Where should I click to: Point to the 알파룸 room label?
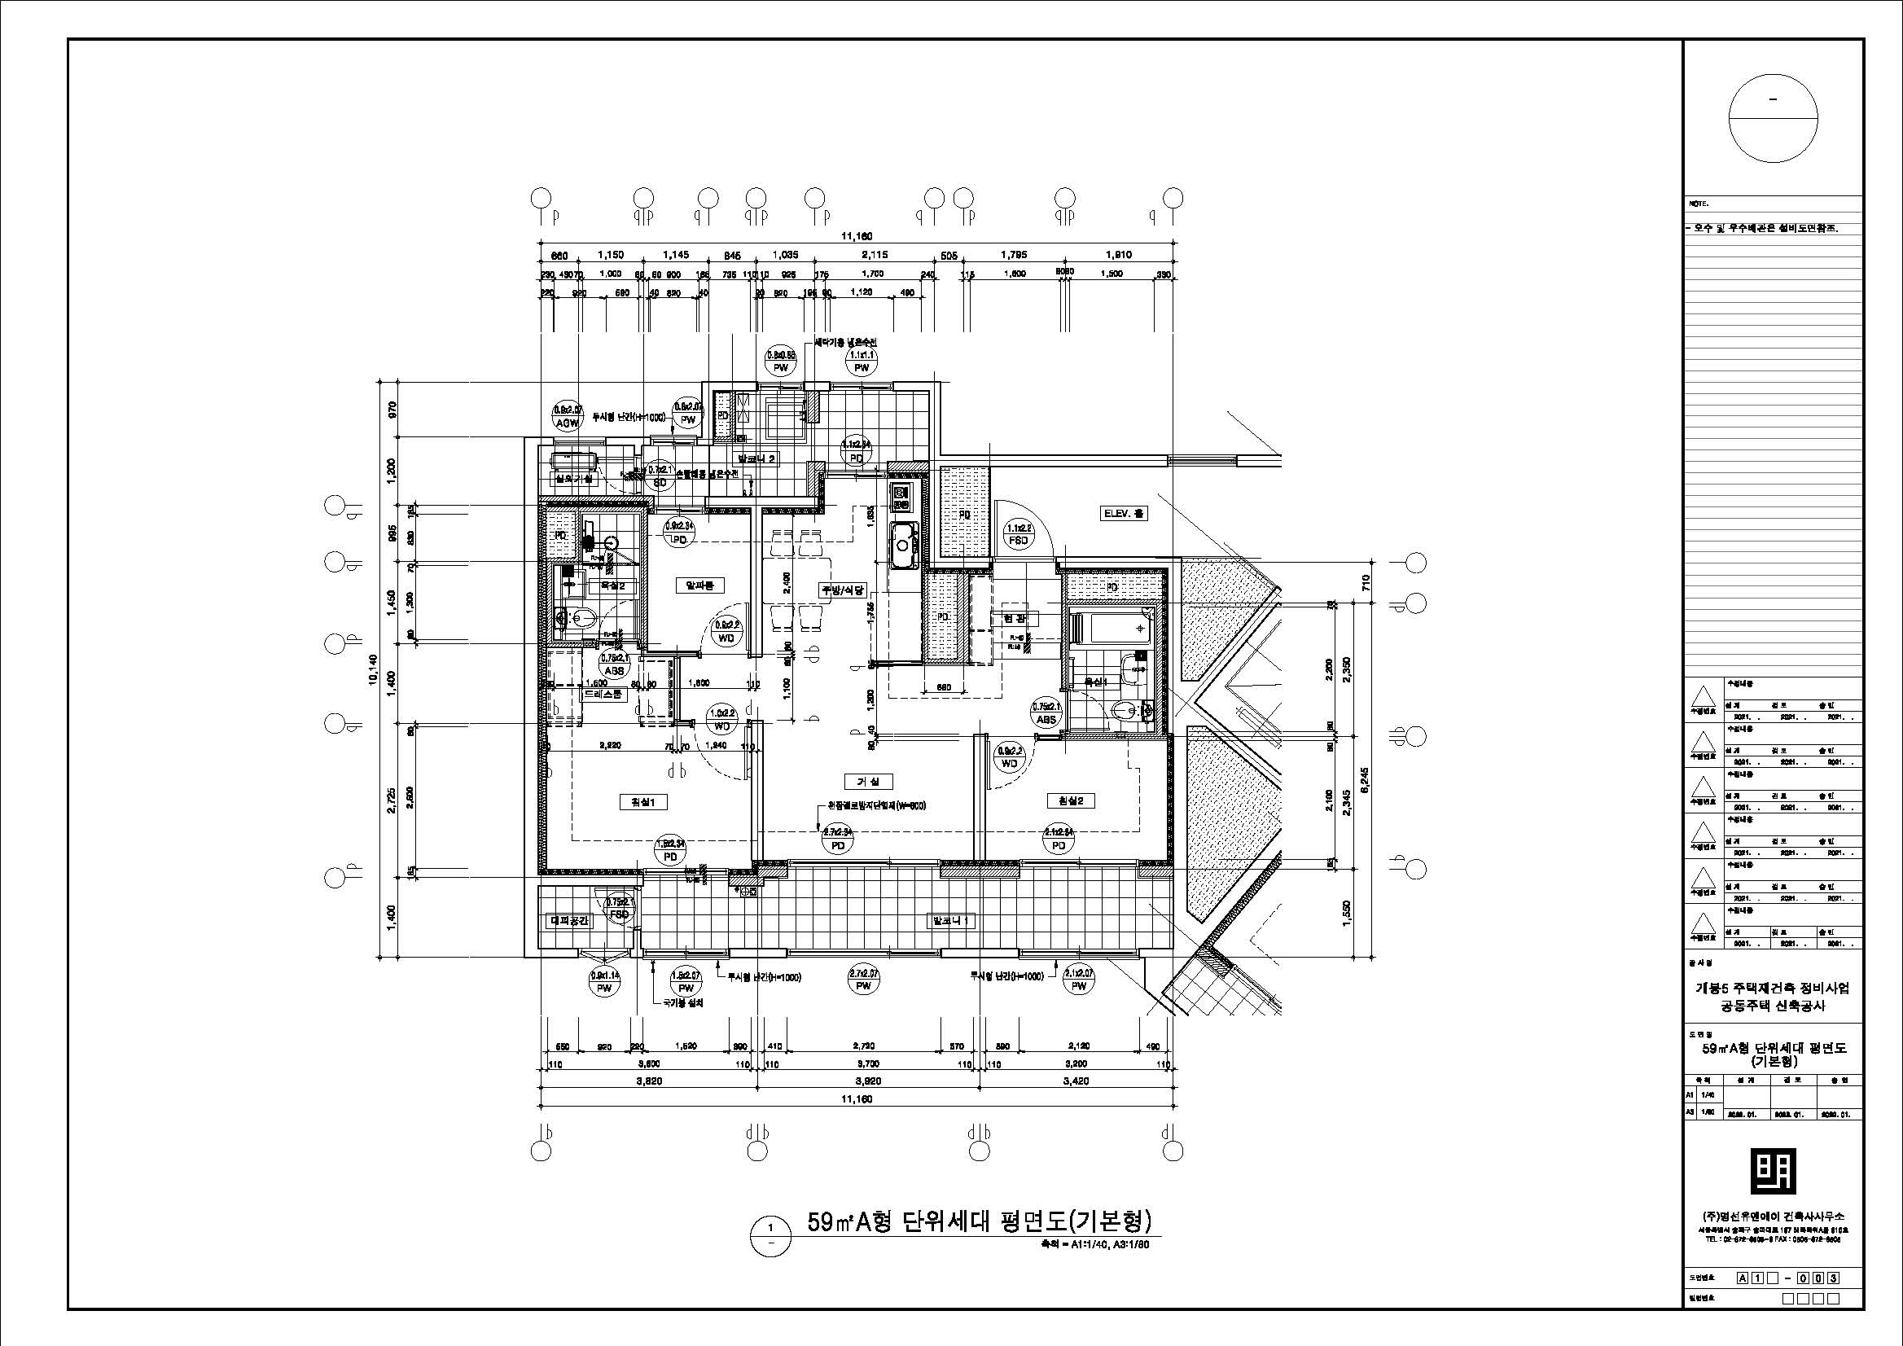tap(700, 586)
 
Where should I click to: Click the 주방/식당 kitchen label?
tap(843, 591)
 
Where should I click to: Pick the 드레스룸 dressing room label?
tap(603, 695)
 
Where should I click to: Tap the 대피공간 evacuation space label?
tap(570, 921)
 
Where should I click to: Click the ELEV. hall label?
tap(1123, 514)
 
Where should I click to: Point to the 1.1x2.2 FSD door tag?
tap(1018, 534)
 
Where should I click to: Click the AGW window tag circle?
tap(568, 415)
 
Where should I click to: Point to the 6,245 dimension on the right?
tap(1365, 779)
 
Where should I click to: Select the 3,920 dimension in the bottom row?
tap(868, 1081)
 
